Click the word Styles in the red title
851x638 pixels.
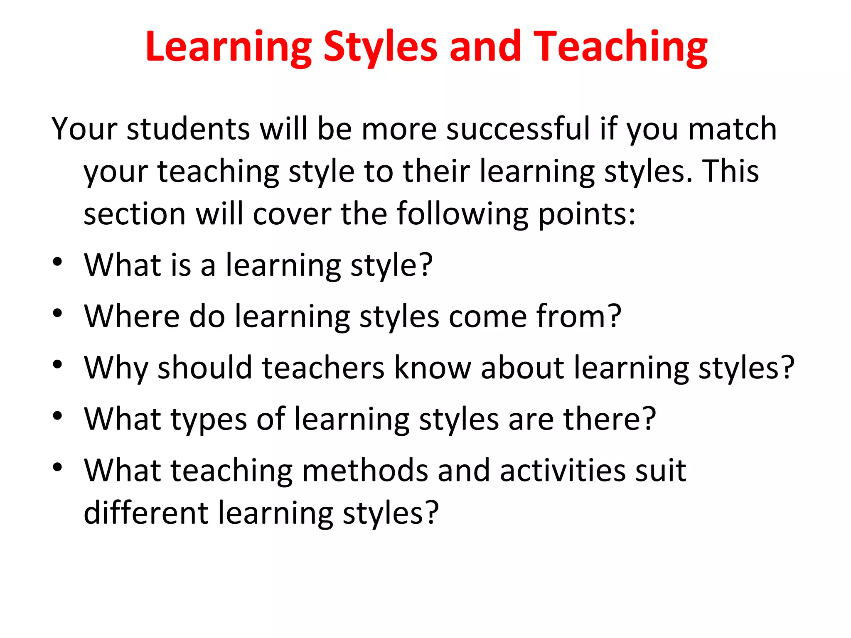380,47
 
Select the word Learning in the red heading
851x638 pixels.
228,47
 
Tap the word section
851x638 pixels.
134,214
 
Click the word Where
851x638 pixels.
132,317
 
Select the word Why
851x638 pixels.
116,368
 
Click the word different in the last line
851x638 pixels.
146,513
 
